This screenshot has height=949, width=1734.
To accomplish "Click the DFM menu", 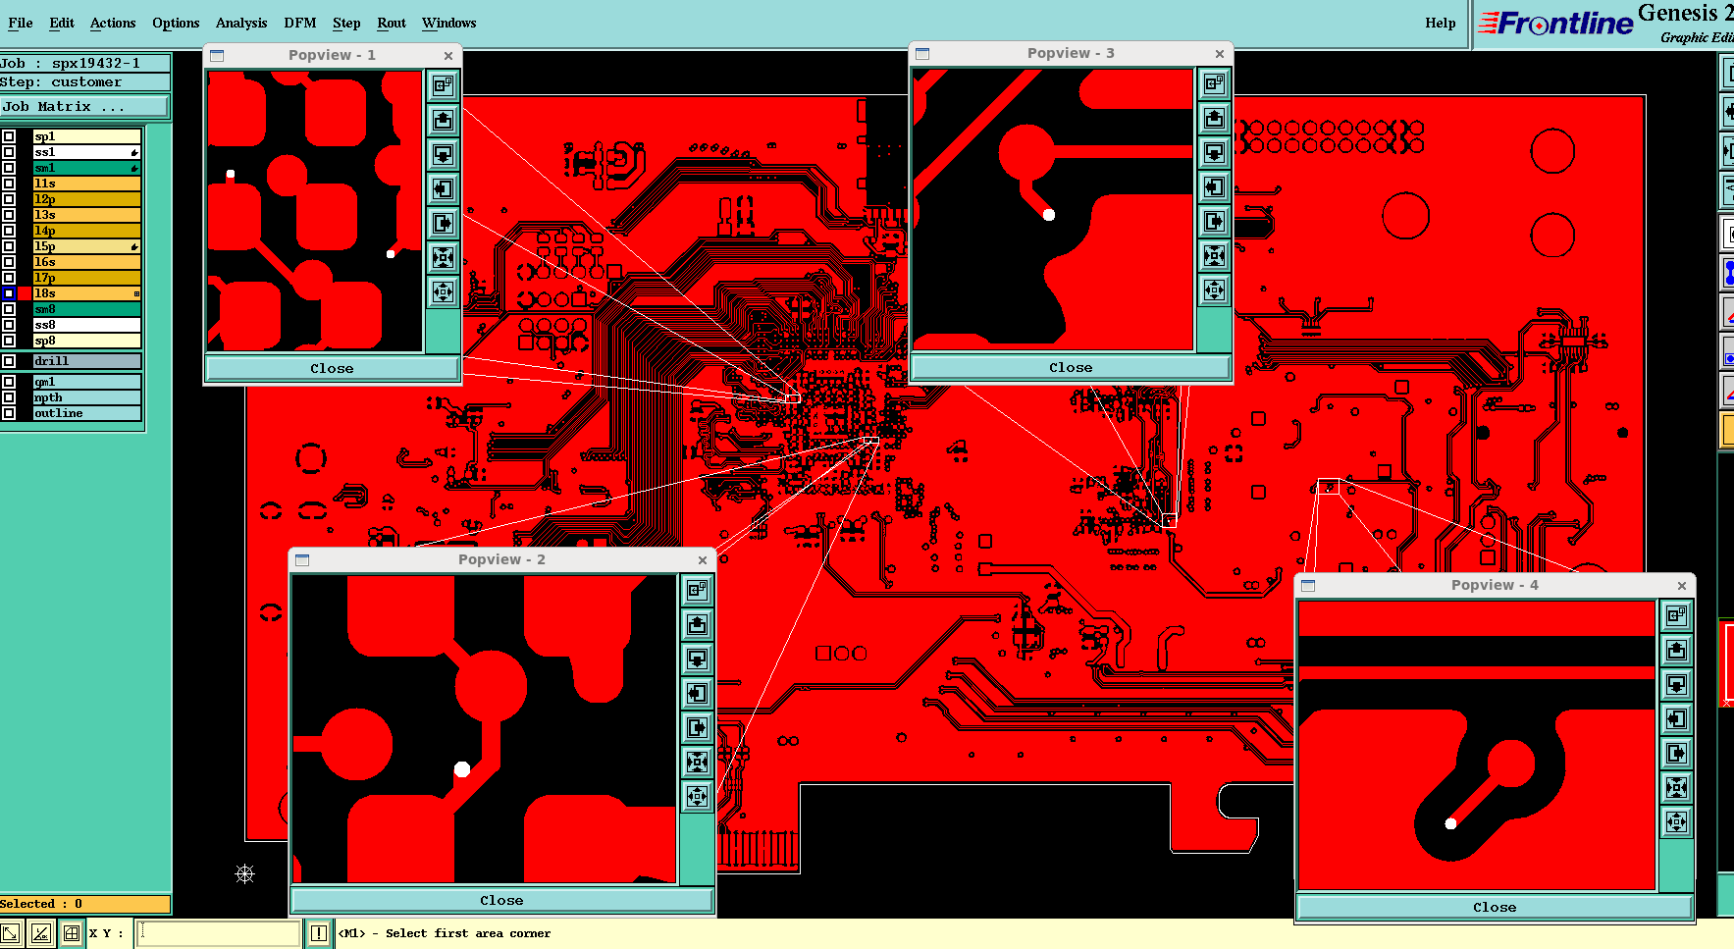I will click(299, 23).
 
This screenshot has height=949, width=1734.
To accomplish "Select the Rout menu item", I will click(391, 23).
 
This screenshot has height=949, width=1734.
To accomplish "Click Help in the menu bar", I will click(1440, 23).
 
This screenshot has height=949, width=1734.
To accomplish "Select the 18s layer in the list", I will click(86, 293).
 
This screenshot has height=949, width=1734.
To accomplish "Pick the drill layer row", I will click(86, 361).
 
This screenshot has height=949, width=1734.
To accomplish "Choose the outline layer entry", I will click(86, 413).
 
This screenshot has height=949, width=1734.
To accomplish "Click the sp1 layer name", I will click(86, 136).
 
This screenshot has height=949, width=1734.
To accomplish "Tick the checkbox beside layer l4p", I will click(9, 231).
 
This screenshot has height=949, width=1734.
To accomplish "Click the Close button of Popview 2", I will click(501, 900).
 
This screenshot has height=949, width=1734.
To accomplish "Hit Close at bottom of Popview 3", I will click(1070, 367).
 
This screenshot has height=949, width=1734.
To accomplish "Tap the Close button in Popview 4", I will click(1494, 907).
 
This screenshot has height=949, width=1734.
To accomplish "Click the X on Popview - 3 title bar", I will click(1220, 54).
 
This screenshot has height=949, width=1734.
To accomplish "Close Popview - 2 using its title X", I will click(703, 560).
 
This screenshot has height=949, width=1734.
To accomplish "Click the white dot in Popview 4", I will click(1450, 823).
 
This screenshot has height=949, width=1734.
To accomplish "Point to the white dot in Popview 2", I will click(462, 769).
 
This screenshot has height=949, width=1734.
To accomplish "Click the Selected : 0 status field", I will click(84, 904).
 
